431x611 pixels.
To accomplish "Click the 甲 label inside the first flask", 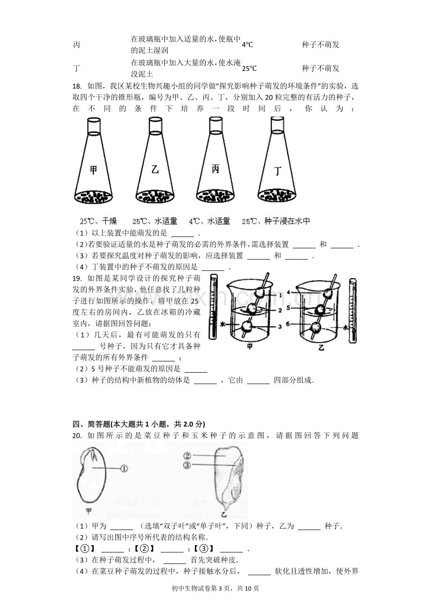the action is [x=93, y=170].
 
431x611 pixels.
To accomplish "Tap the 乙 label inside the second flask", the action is [x=155, y=170].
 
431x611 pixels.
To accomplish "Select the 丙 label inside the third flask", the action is [x=215, y=169].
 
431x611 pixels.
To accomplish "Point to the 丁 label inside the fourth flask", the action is [x=277, y=171].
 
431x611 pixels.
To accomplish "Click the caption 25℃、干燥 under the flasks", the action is [x=98, y=221].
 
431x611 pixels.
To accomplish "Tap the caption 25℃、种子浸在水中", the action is [x=276, y=221].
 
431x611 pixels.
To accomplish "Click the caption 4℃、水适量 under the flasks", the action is [x=209, y=221].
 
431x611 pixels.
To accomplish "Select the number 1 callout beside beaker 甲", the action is [x=280, y=295].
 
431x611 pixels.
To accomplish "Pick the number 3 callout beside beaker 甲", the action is [x=280, y=327].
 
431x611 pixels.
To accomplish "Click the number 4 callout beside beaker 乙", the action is [x=289, y=292].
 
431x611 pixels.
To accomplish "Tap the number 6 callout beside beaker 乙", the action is [x=288, y=324].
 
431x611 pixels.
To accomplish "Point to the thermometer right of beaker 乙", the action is [x=353, y=310].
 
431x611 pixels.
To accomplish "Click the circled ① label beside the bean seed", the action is [x=124, y=469].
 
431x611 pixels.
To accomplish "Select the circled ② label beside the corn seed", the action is [x=187, y=456].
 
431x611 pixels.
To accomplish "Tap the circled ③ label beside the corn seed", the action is [x=187, y=465].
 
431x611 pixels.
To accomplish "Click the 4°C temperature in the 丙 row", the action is [x=247, y=45].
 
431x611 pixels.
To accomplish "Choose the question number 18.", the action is [x=77, y=86].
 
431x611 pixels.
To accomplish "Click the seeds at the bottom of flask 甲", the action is [x=93, y=196].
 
